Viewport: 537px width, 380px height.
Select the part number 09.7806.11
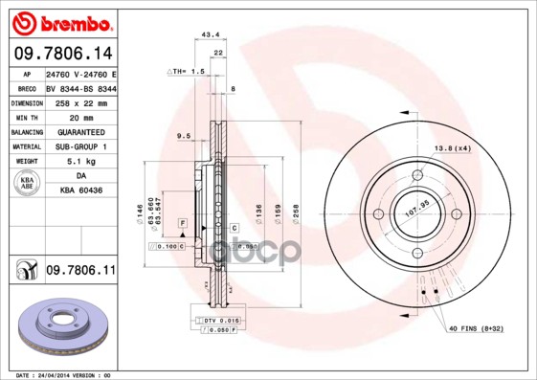(80, 272)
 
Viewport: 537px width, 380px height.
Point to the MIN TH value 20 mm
(80, 115)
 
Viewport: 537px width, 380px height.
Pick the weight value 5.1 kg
(80, 161)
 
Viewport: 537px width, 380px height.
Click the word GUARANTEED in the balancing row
(80, 130)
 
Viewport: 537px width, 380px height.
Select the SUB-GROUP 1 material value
(80, 145)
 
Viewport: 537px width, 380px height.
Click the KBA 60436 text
(80, 191)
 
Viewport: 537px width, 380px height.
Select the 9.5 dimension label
(185, 137)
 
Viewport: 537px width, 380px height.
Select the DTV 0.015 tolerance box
(219, 318)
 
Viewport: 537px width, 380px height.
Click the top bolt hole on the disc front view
(418, 175)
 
